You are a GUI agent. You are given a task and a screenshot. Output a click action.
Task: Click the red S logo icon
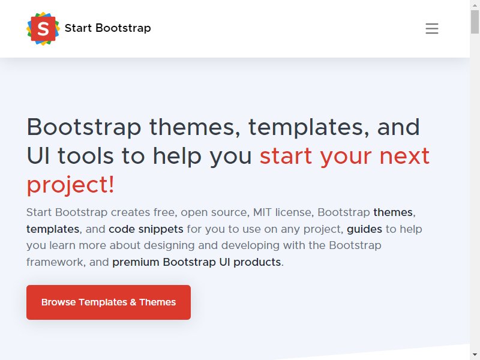43,28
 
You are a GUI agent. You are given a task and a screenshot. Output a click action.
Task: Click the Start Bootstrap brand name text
108,28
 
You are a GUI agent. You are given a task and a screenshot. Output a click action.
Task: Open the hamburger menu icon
431,28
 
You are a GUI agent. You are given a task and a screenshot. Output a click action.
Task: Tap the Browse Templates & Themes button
109,302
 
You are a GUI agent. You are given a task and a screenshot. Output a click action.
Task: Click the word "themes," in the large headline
194,127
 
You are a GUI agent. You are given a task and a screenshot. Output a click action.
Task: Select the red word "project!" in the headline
70,185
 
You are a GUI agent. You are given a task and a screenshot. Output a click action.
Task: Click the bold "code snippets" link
146,229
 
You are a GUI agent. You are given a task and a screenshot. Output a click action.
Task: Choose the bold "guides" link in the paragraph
364,229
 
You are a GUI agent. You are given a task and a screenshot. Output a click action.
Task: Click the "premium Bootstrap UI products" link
197,262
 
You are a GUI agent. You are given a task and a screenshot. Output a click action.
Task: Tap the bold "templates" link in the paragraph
53,229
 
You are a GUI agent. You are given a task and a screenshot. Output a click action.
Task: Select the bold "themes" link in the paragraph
393,212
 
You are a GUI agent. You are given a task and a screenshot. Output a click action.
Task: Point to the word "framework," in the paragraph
56,262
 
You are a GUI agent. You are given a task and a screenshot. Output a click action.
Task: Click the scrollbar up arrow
475,5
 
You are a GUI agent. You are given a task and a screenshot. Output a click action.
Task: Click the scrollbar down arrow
475,355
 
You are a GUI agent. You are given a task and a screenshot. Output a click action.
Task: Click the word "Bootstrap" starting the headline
84,127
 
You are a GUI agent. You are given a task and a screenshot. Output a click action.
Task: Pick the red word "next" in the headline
404,156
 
